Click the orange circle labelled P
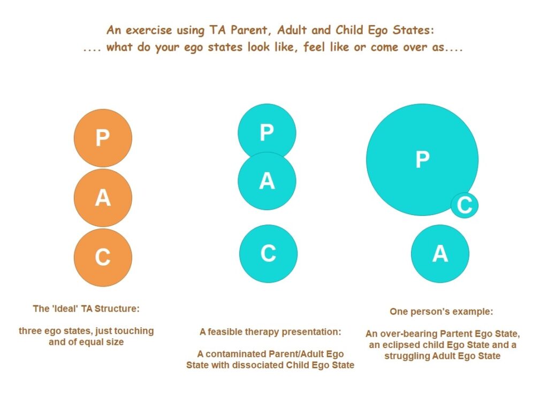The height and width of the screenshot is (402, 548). (x=103, y=138)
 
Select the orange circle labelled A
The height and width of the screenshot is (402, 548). (x=103, y=198)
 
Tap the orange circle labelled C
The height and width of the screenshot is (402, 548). (x=103, y=258)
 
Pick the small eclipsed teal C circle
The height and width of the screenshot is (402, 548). (x=465, y=205)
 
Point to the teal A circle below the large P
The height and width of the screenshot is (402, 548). (x=440, y=254)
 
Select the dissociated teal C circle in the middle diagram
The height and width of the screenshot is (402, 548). (x=268, y=254)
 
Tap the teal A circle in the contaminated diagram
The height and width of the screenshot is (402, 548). (x=267, y=181)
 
